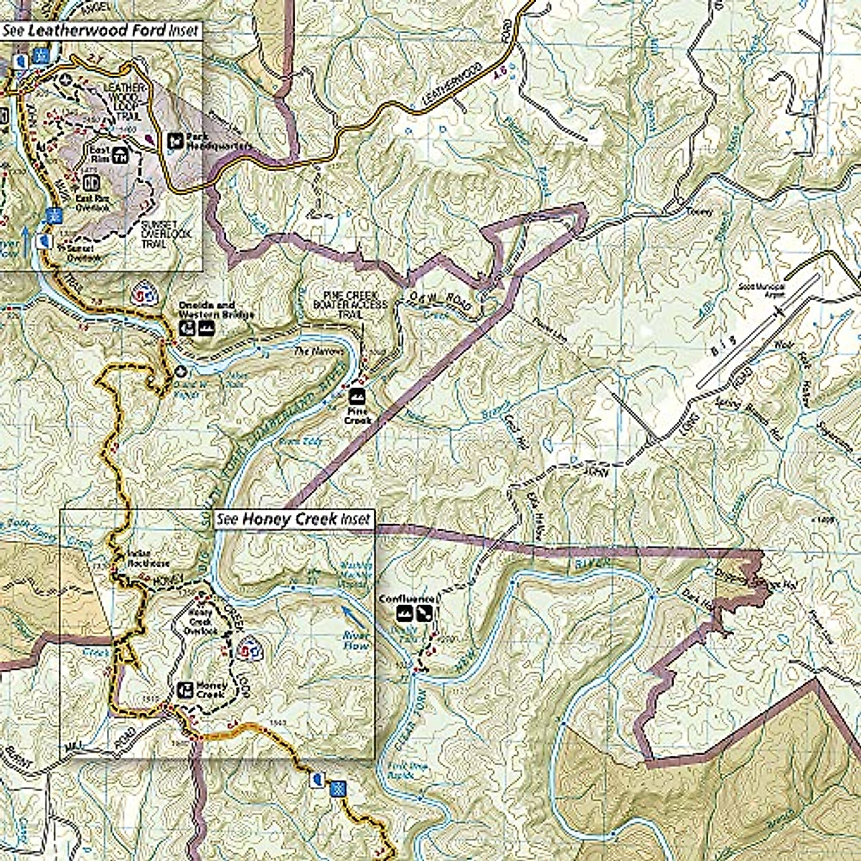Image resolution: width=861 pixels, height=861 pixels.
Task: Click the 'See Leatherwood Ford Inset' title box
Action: [x=100, y=30]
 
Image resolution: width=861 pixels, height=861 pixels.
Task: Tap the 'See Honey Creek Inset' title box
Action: [x=294, y=519]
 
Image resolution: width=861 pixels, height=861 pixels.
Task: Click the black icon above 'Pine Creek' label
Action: [x=356, y=396]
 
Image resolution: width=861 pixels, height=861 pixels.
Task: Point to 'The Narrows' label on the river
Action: [x=310, y=352]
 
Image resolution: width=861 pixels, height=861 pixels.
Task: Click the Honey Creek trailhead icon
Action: [x=184, y=690]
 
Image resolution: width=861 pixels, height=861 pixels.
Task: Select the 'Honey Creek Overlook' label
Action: [x=201, y=621]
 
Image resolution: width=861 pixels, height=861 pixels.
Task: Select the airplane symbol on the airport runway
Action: [x=779, y=311]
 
